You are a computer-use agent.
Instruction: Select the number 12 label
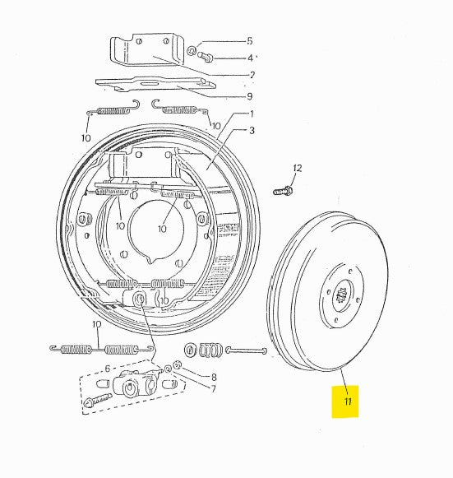tap(297, 168)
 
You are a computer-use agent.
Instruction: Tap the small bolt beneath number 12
tap(284, 191)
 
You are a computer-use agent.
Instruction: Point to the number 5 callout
tap(250, 40)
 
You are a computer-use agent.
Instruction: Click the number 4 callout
tap(250, 58)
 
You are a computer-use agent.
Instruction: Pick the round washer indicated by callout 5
tap(191, 51)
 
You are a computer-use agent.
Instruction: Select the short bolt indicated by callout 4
tap(206, 57)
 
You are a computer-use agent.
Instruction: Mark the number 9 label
tap(250, 95)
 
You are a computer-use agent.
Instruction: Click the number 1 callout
tap(251, 114)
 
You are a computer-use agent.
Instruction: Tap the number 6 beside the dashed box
tap(107, 369)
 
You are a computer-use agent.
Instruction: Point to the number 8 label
tap(214, 378)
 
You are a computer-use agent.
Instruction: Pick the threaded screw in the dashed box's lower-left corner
tap(97, 401)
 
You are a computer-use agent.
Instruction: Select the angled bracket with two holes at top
tap(148, 52)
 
